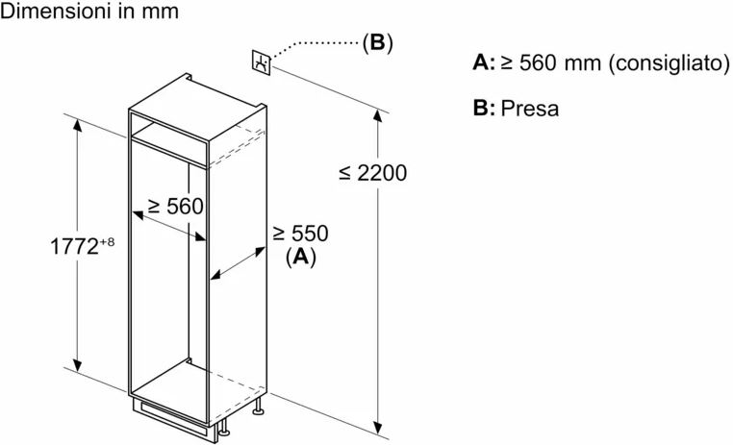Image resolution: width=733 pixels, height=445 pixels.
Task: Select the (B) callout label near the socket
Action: coord(377,43)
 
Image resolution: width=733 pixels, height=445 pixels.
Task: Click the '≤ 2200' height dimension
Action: coord(373,173)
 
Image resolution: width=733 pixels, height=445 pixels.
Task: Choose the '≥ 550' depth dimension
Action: coord(300,234)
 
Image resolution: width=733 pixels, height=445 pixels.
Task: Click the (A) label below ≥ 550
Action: coord(301,257)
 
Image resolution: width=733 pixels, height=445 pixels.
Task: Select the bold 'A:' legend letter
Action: coord(484,63)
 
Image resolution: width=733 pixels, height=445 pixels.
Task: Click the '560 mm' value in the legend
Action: coord(565,64)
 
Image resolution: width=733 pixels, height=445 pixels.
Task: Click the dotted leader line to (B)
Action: coord(317,44)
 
